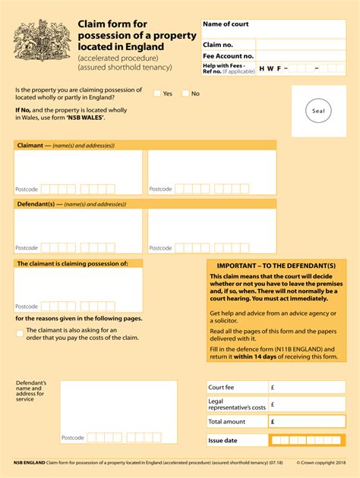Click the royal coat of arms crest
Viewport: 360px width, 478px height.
[42, 43]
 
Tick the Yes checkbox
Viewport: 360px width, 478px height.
[157, 93]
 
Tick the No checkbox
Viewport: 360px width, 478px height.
[185, 93]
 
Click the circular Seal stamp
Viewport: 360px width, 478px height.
[318, 112]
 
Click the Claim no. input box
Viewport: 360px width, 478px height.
[301, 45]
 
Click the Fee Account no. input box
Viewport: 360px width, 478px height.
[301, 56]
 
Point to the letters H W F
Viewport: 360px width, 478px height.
[270, 68]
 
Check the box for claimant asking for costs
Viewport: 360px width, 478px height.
[20, 333]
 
